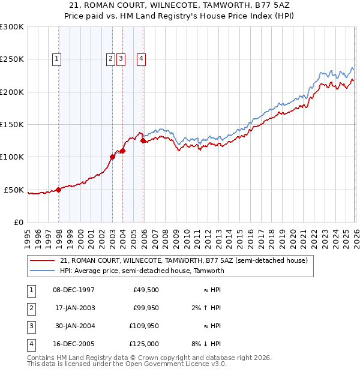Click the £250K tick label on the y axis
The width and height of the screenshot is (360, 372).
11,59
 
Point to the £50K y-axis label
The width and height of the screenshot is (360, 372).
13,190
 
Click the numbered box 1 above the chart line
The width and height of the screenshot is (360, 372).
56,59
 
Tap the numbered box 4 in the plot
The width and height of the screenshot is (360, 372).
141,59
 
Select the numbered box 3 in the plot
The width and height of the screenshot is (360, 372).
121,59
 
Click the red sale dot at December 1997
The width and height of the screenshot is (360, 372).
59,190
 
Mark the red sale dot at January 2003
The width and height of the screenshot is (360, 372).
112,157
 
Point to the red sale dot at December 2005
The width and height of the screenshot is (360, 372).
143,141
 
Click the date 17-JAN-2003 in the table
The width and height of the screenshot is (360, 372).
74,308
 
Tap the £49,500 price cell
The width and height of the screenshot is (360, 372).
145,290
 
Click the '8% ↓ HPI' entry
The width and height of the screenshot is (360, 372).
206,344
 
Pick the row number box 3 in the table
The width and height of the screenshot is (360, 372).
31,326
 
